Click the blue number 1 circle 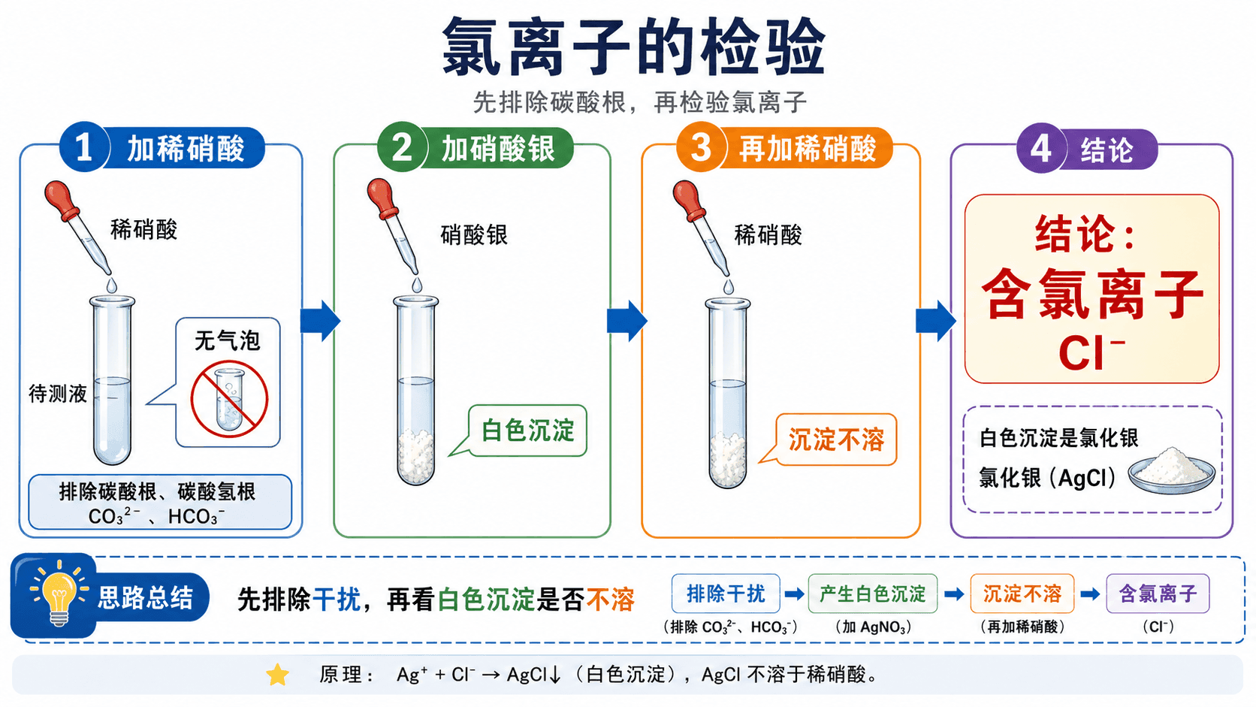click(x=84, y=147)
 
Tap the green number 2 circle click(x=402, y=147)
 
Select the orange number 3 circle click(x=701, y=147)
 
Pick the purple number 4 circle click(x=1041, y=148)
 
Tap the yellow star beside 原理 click(x=277, y=675)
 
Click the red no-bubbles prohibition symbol click(x=229, y=399)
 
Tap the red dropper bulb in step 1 click(x=62, y=200)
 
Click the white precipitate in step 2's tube click(x=416, y=456)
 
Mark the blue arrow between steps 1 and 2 click(x=320, y=321)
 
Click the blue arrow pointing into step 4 click(x=936, y=321)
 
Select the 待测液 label click(x=58, y=394)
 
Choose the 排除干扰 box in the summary click(x=726, y=594)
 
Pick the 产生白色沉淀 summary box click(x=872, y=594)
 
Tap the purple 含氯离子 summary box click(x=1158, y=594)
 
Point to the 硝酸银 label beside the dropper click(x=474, y=235)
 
